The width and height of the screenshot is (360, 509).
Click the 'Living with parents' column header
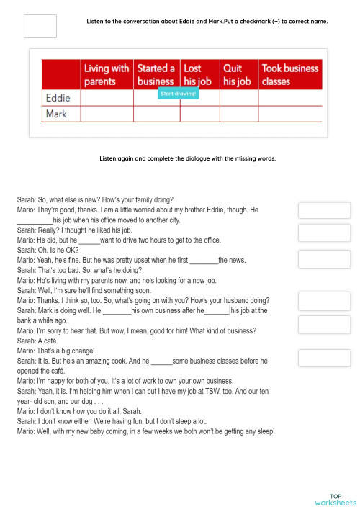[107, 74]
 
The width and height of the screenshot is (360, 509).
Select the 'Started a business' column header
[156, 74]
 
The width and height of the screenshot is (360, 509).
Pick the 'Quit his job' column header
[237, 74]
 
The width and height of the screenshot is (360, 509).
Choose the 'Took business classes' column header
[289, 74]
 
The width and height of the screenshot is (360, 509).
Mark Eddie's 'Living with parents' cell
[107, 98]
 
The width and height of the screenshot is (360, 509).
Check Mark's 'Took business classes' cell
[289, 114]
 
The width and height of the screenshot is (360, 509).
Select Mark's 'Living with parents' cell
[107, 114]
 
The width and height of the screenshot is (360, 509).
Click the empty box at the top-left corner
[40, 26]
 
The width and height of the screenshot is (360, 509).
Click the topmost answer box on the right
[324, 210]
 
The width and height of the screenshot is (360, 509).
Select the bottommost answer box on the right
[324, 358]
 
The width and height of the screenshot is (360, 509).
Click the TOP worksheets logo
[336, 499]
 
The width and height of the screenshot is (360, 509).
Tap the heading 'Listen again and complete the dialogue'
[187, 158]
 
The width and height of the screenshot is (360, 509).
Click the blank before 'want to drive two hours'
[89, 240]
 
